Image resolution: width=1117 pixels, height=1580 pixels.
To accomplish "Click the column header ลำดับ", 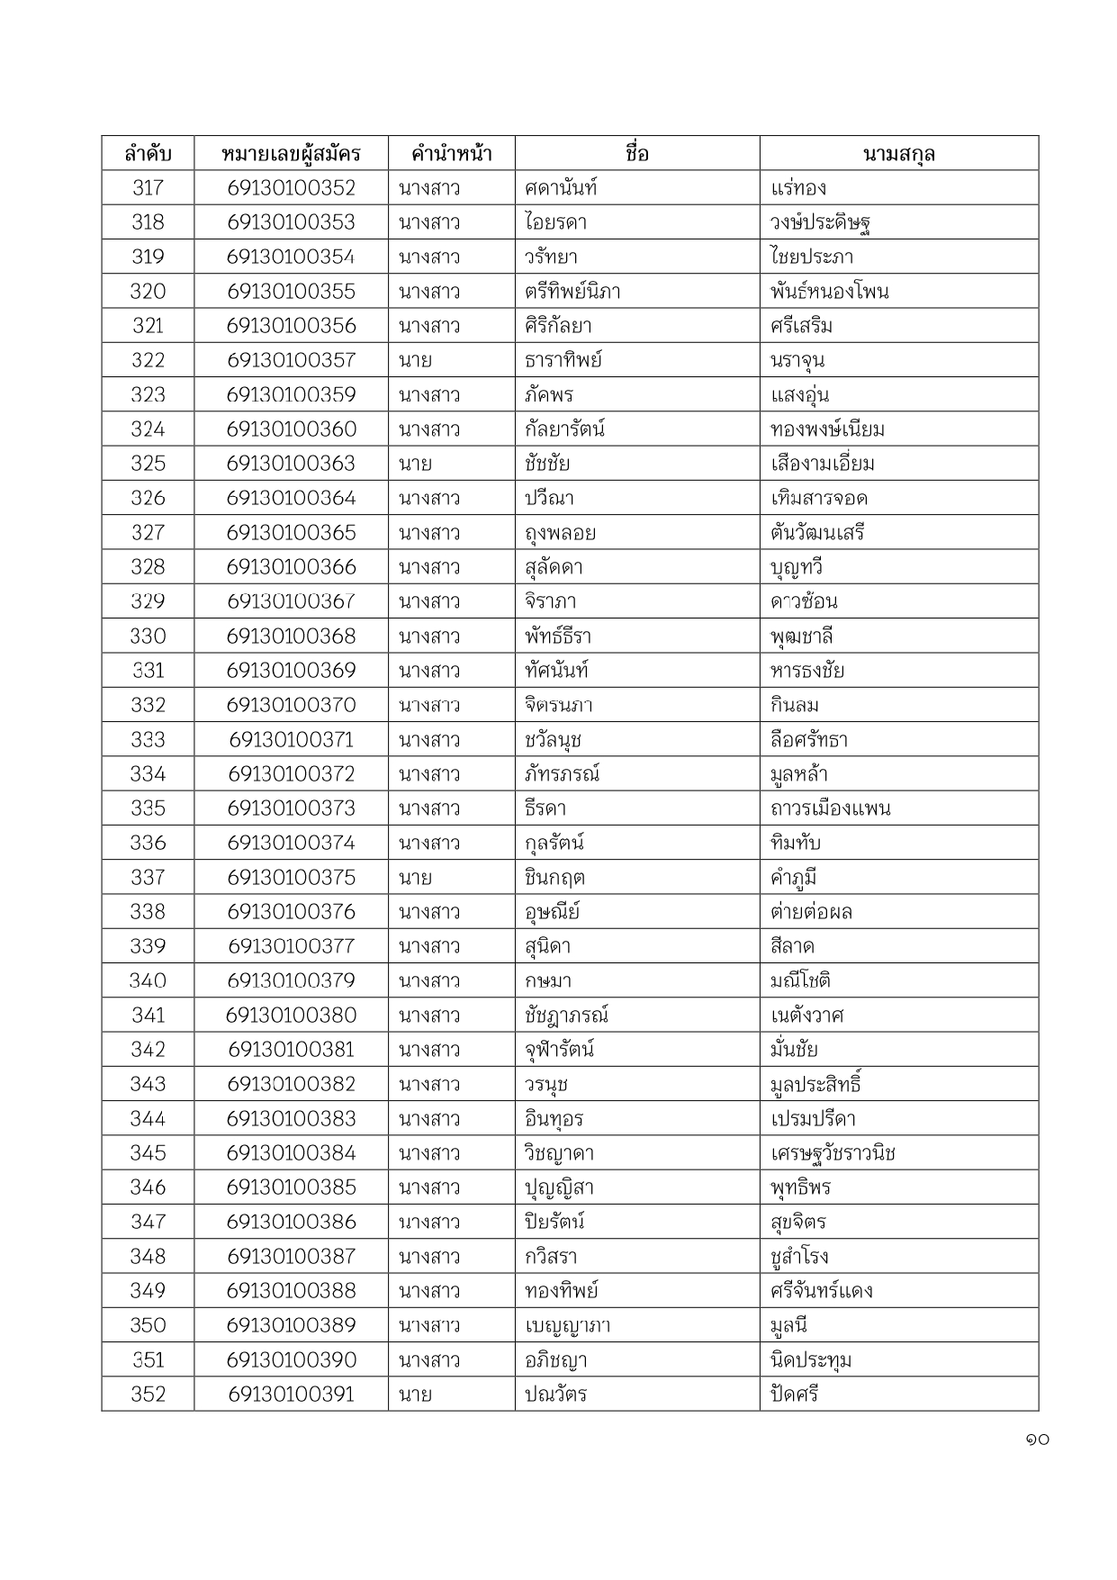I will [x=148, y=154].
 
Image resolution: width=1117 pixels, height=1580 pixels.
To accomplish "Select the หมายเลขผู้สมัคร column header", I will [x=291, y=154].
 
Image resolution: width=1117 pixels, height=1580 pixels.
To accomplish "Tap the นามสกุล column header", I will [x=898, y=154].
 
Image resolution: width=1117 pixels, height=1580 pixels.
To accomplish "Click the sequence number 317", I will [x=148, y=188].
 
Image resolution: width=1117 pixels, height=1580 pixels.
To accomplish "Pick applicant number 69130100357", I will [x=291, y=360].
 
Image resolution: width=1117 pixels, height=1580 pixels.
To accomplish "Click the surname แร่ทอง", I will [x=798, y=188].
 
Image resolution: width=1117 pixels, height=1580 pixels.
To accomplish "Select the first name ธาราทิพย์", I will [x=563, y=360].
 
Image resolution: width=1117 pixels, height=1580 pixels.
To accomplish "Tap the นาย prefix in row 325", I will [x=415, y=464].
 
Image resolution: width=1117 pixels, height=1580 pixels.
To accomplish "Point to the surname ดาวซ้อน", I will [x=804, y=601].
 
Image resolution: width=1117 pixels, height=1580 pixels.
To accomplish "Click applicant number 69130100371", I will [x=291, y=740].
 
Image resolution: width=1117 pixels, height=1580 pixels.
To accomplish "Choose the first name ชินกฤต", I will [x=554, y=878].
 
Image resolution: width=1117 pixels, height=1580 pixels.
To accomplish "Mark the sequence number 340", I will [x=148, y=980].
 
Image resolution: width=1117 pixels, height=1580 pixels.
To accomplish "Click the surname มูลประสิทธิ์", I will [x=815, y=1084].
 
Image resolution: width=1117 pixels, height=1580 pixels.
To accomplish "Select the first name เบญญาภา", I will [x=568, y=1325].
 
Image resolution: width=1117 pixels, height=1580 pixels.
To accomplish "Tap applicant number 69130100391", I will [x=291, y=1395].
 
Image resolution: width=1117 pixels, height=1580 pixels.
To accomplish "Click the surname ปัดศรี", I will [x=794, y=1395].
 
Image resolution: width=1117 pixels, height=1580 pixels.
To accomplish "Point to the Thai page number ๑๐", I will [x=1036, y=1440].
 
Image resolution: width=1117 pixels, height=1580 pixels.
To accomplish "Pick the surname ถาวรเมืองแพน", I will [x=830, y=808].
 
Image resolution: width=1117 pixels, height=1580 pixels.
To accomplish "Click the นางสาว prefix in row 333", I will [x=429, y=740].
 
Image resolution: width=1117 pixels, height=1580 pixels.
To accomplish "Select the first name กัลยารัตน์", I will [x=564, y=429].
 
